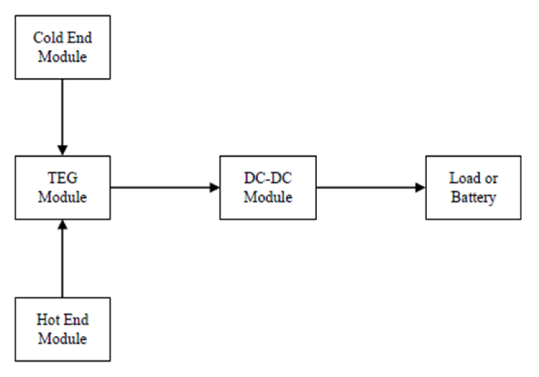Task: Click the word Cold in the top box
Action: point(47,38)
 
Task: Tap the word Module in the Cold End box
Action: point(63,57)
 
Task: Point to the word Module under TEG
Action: point(63,197)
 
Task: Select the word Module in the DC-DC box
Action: point(268,197)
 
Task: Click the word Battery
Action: point(474,197)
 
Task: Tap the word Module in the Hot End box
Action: point(63,339)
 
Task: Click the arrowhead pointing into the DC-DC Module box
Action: point(215,187)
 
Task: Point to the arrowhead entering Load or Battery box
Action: point(420,187)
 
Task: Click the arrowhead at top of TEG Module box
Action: point(63,150)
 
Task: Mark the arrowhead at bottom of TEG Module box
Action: point(63,225)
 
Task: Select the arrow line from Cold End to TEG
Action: point(63,111)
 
